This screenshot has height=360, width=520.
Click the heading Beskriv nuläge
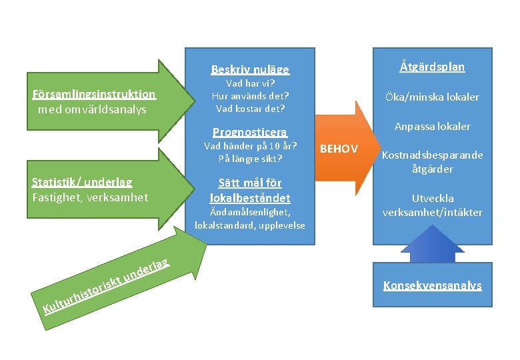click(x=250, y=69)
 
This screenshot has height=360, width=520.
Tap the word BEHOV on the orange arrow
click(x=339, y=148)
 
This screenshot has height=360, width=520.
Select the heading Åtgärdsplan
click(x=432, y=67)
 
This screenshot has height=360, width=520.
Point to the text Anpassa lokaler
click(x=432, y=126)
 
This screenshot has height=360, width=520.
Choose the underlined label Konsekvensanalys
click(x=432, y=285)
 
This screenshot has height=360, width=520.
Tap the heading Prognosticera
click(x=250, y=131)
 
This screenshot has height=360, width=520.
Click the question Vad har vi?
click(x=250, y=84)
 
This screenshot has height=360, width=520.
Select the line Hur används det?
click(x=250, y=96)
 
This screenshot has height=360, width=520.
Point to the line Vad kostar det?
click(x=250, y=108)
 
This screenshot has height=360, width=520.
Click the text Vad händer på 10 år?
click(x=250, y=146)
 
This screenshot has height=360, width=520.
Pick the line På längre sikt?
click(x=250, y=159)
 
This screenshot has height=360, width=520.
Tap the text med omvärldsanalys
click(x=93, y=109)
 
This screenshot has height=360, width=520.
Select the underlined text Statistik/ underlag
click(x=82, y=182)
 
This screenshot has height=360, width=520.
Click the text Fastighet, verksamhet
click(x=89, y=197)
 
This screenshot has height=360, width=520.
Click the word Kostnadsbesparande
click(x=432, y=155)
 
